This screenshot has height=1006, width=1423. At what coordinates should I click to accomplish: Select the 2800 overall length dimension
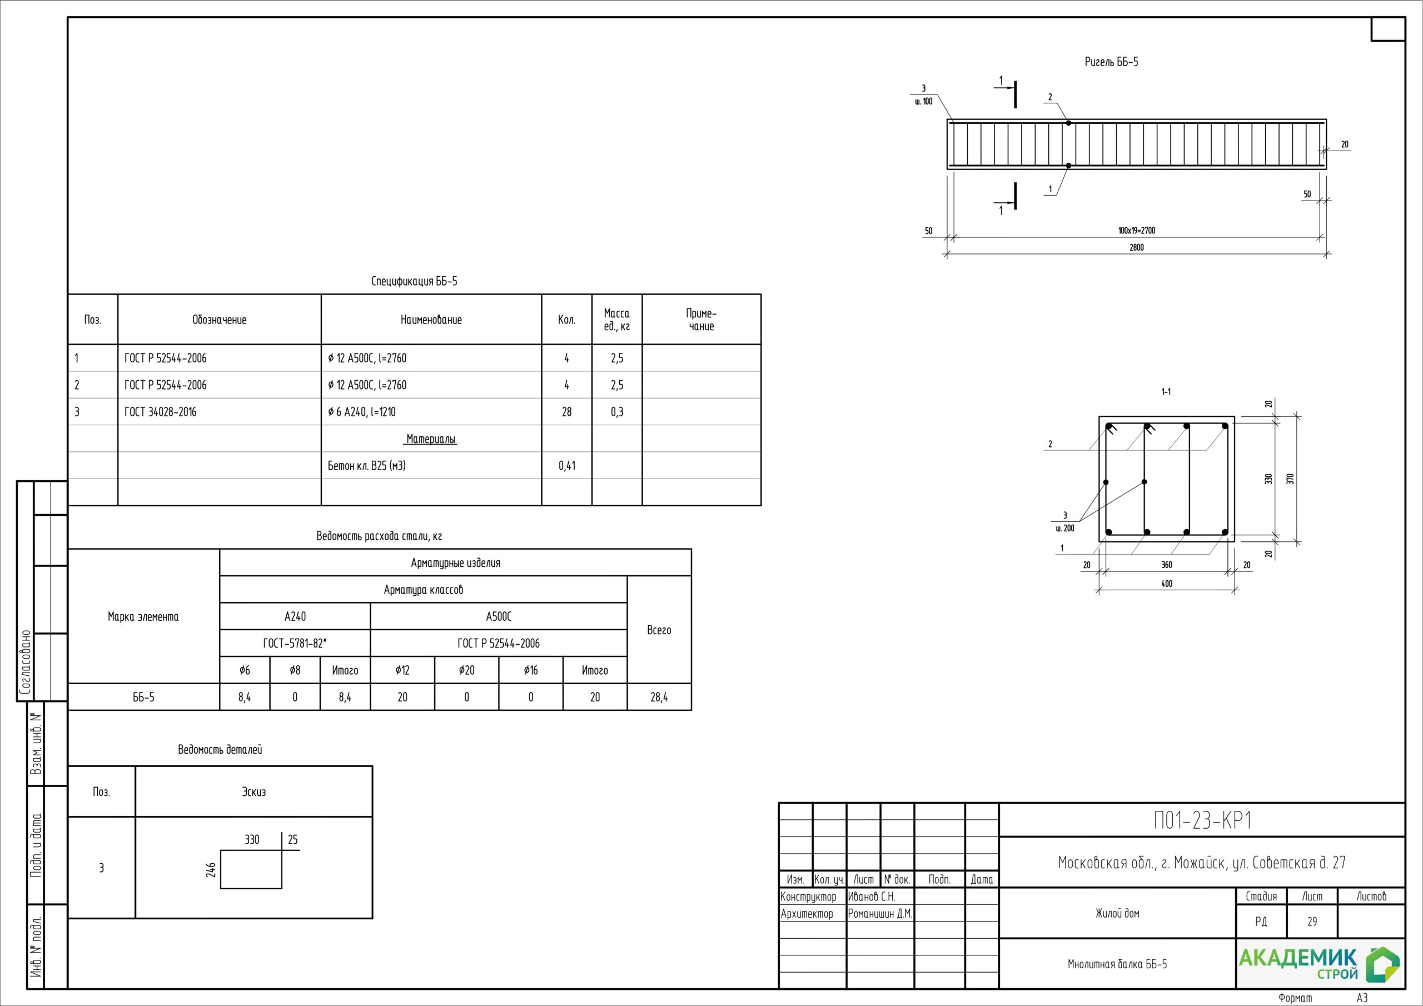coord(1136,247)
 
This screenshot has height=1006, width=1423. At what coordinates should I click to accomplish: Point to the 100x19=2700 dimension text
coord(1137,231)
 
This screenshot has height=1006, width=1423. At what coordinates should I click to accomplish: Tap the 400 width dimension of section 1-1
coord(1166,583)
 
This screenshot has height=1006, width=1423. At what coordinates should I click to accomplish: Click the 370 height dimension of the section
coord(1290,479)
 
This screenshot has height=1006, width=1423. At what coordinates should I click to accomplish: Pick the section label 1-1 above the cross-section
coord(1166,392)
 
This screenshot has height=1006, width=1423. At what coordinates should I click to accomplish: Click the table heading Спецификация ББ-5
coord(414,281)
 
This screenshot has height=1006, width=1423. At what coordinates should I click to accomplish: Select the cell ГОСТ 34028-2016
coord(161,412)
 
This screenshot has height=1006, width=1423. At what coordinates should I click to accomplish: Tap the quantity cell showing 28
coord(566,412)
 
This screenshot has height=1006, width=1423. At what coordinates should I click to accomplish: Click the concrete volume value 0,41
coord(566,466)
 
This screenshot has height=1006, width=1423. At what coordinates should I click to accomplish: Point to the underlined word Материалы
coord(431,439)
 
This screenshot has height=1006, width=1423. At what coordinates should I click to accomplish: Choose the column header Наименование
coord(431,320)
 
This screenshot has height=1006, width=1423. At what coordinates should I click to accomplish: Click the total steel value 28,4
coord(659,698)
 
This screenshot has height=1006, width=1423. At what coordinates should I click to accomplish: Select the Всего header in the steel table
coord(659,630)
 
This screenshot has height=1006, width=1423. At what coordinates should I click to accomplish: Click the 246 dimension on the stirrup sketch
coord(211,869)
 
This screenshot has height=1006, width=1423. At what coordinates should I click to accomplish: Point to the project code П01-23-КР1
coord(1202,820)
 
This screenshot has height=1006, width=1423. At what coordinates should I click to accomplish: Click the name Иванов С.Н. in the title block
coord(872,897)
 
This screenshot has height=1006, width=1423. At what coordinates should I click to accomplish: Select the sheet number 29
coord(1312,922)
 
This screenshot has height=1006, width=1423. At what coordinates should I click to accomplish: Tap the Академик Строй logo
coord(1319,964)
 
